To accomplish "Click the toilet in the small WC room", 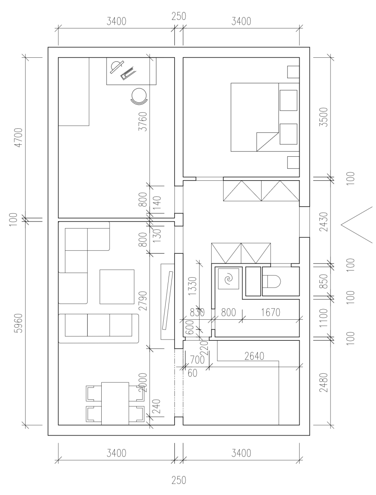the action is pos(271,281).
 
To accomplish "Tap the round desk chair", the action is pos(139,96).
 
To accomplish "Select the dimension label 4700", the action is pos(19,137).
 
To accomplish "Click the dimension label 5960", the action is pos(19,323).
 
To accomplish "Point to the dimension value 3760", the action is pos(143,121).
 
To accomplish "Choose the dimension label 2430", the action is pos(324,222).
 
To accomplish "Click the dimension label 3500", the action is pos(324,117).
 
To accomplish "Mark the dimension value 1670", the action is pos(271,313).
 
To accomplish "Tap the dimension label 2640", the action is pos(254,356).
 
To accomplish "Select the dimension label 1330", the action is pos(193,286).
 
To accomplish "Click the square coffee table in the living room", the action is pos(117,287).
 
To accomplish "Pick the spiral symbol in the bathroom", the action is pos(229,279).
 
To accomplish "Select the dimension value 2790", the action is pos(143,301).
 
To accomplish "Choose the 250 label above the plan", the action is pos(179,16).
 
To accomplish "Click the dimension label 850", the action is pos(324,281).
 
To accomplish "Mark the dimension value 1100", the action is pos(324,318).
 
